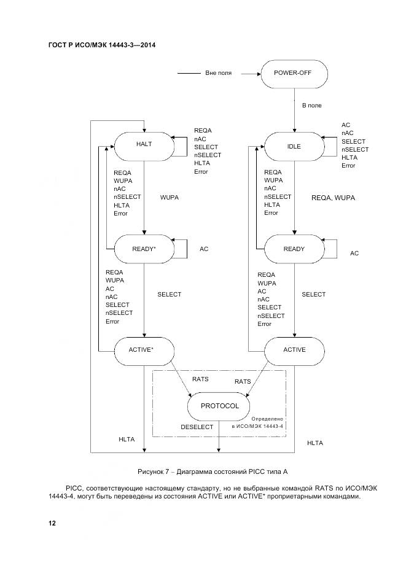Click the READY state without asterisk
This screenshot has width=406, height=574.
click(294, 249)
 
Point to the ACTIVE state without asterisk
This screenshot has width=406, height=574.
click(294, 349)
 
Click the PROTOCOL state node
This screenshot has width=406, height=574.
click(219, 406)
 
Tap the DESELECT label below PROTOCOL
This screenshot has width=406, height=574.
click(197, 427)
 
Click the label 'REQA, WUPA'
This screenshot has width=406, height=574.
click(334, 198)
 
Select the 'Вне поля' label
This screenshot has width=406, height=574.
click(218, 73)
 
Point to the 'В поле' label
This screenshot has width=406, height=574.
click(311, 106)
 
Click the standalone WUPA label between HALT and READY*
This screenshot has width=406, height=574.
click(169, 198)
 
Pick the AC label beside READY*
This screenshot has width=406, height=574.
click(204, 249)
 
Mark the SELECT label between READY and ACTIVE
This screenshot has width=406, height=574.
click(313, 295)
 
